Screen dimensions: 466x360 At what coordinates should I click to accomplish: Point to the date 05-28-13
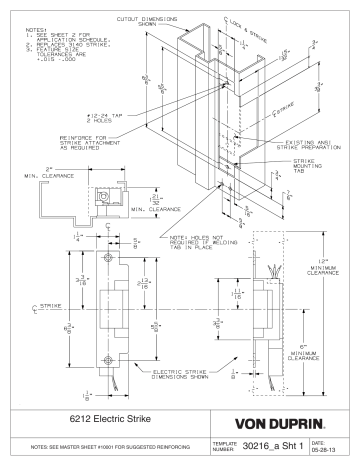click(x=338, y=448)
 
